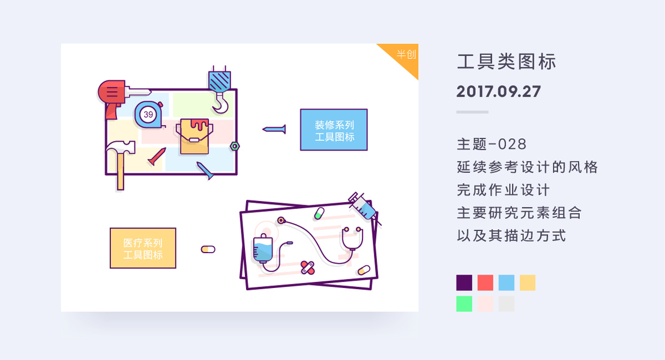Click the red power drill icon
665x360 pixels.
(114, 94)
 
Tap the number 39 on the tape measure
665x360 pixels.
(148, 114)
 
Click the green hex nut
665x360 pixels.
(235, 145)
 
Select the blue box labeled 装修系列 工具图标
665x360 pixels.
(334, 130)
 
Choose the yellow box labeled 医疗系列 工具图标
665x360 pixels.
(143, 248)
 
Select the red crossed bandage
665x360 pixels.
(307, 267)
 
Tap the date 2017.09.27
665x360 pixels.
(498, 92)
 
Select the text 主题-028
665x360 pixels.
(491, 145)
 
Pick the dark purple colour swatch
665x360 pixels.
(464, 283)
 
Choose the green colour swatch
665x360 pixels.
(464, 304)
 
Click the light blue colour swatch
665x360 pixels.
(506, 283)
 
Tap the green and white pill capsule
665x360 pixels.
(319, 213)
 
